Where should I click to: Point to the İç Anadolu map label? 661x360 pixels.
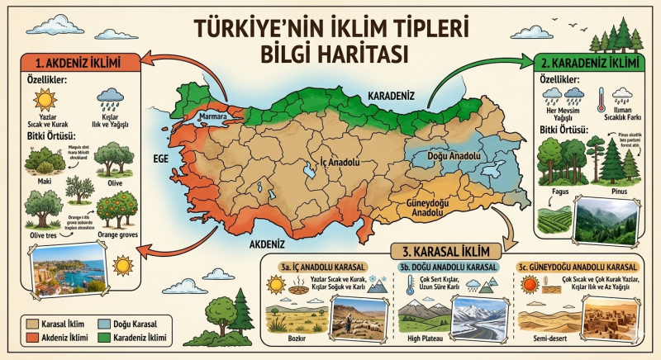tap(326, 163)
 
